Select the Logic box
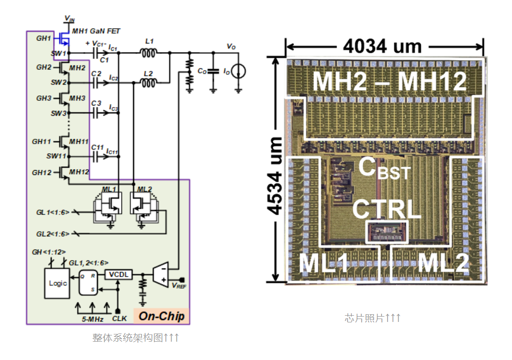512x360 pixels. point(58,283)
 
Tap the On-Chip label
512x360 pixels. point(162,316)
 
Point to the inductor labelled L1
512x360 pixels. point(148,53)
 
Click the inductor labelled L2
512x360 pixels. point(148,82)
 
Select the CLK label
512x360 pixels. point(119,318)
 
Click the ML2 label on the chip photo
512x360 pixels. point(443,264)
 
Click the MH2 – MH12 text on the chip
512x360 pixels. point(390,81)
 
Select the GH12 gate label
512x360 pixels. point(41,172)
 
